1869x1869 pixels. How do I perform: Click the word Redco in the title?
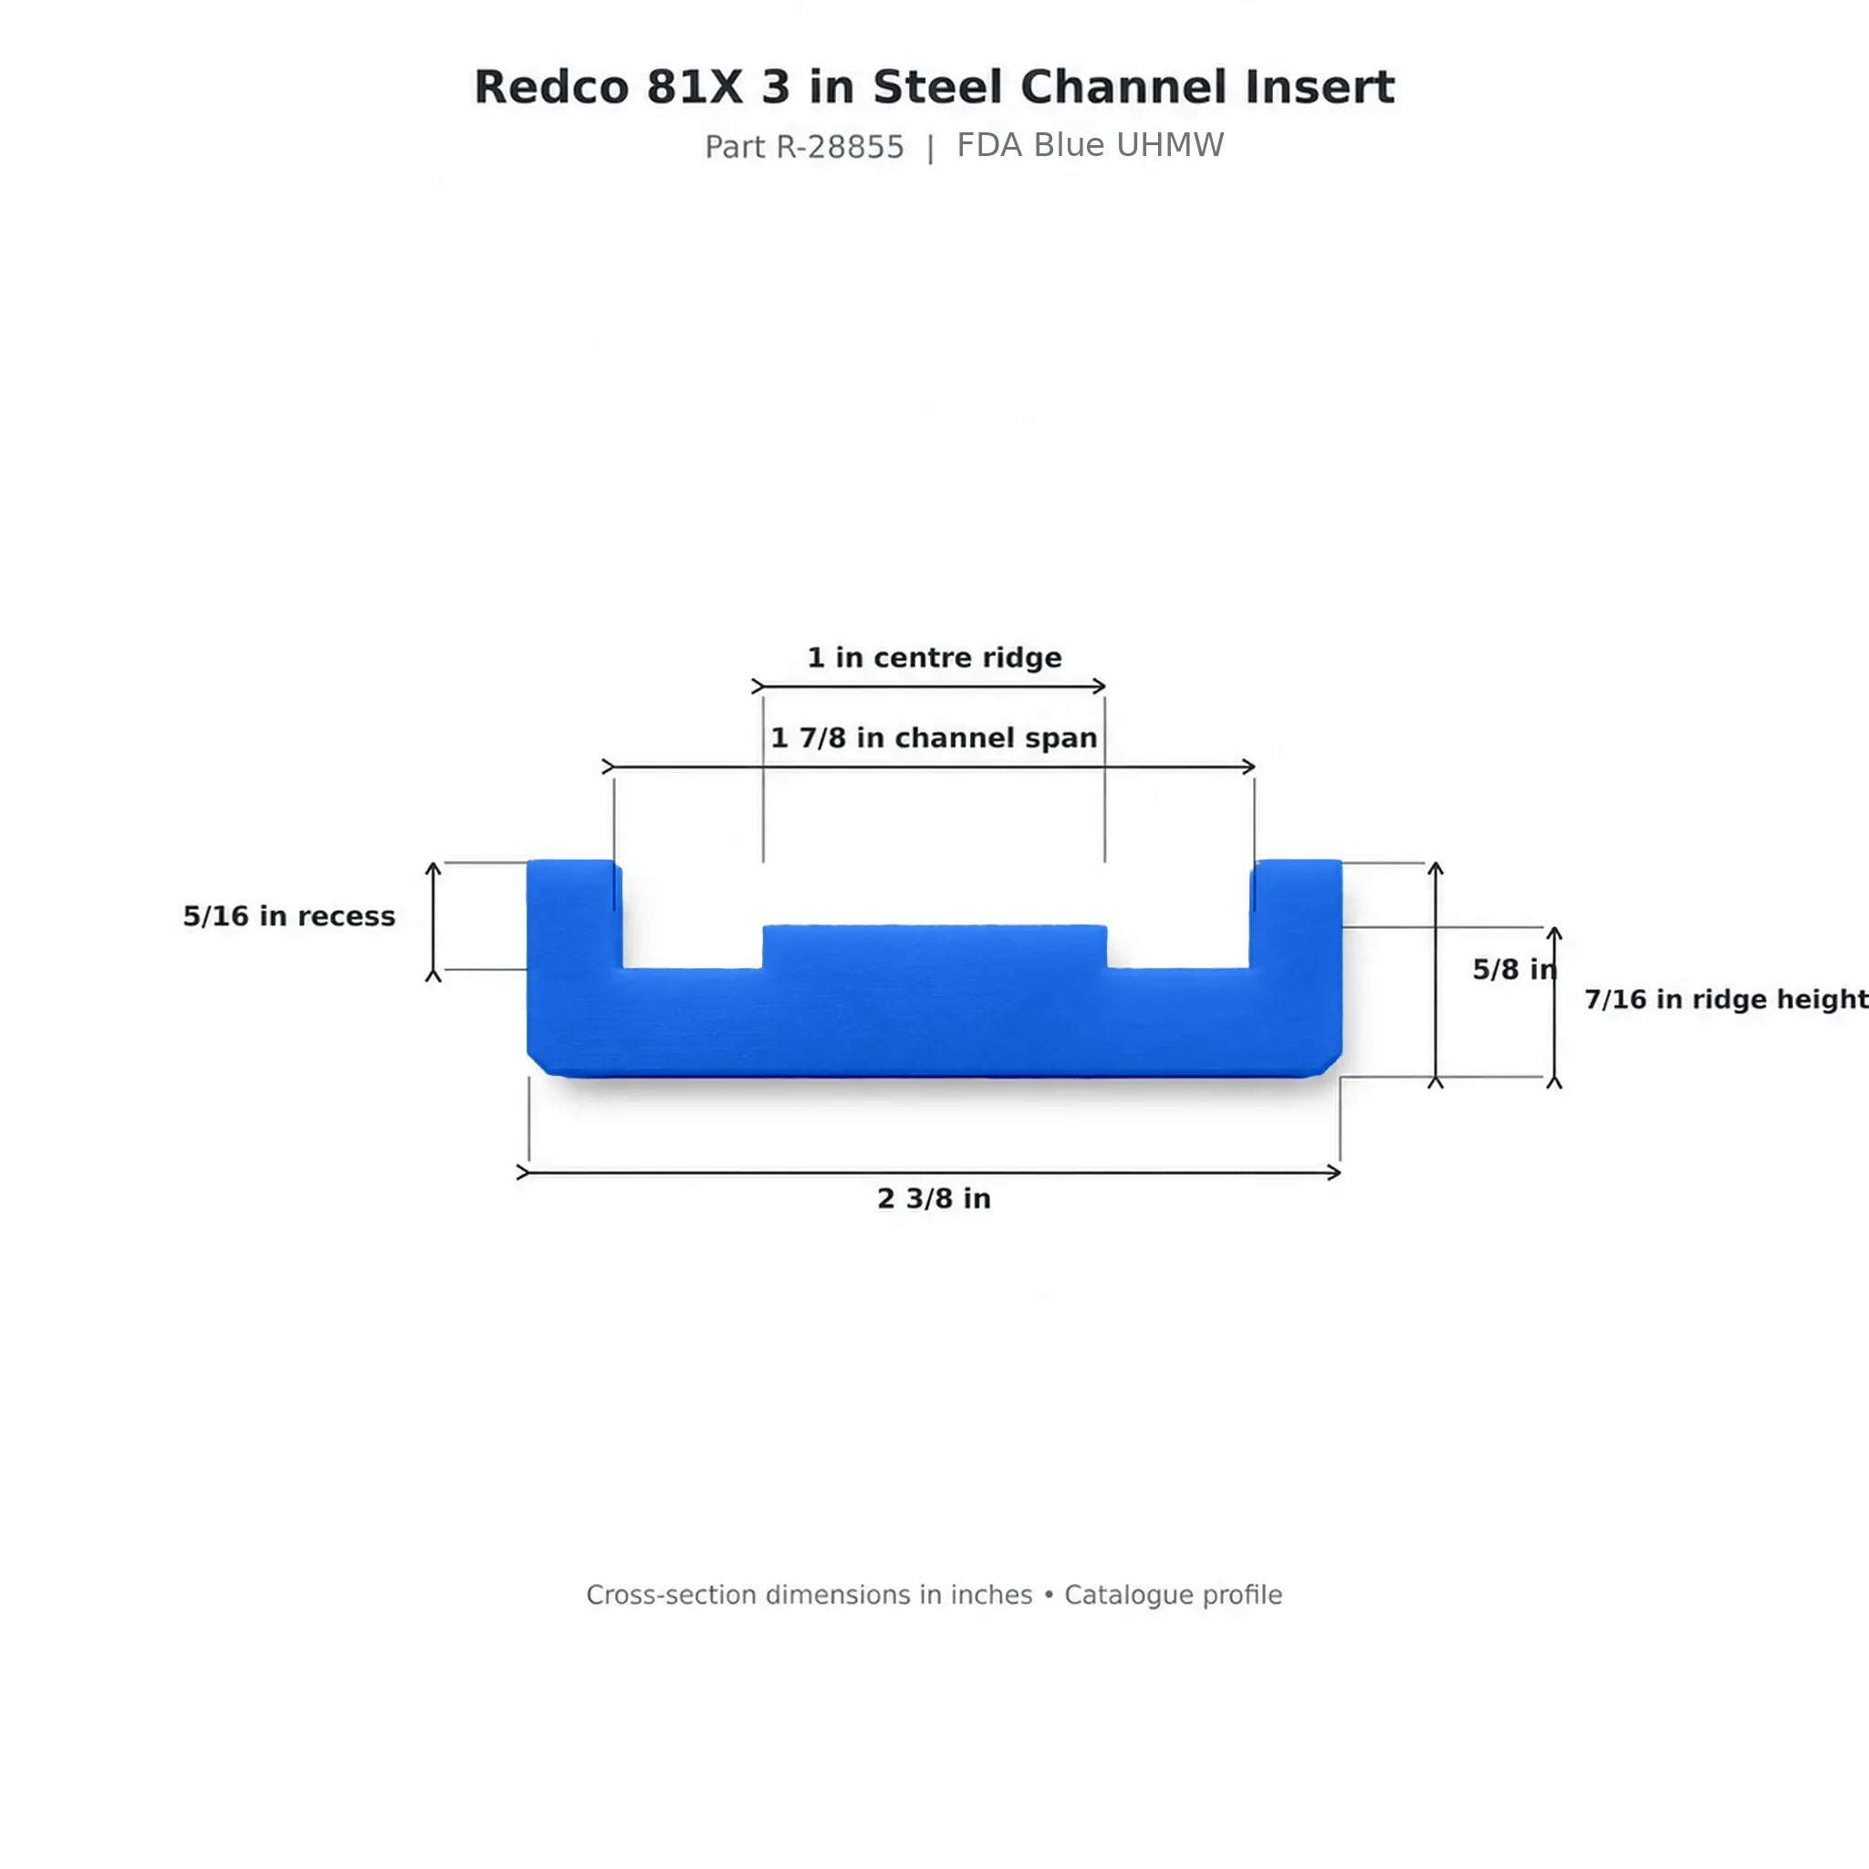click(x=551, y=87)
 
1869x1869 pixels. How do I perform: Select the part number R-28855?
click(x=840, y=147)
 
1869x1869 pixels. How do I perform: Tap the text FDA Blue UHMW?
click(x=1091, y=145)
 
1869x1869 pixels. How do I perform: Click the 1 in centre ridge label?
click(x=934, y=658)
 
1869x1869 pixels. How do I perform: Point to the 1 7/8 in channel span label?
click(x=934, y=738)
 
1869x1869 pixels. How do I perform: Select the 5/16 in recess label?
click(x=289, y=916)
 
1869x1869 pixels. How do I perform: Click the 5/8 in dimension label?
click(x=1515, y=969)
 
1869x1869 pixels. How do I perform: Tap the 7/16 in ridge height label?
click(x=1726, y=999)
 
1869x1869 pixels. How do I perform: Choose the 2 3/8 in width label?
click(x=934, y=1198)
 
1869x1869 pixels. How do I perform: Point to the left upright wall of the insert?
click(x=574, y=914)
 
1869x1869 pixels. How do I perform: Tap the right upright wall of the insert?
click(x=1295, y=914)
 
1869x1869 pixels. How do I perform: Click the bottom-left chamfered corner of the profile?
click(x=537, y=1065)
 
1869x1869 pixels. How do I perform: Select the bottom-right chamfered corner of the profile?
click(x=1331, y=1065)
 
